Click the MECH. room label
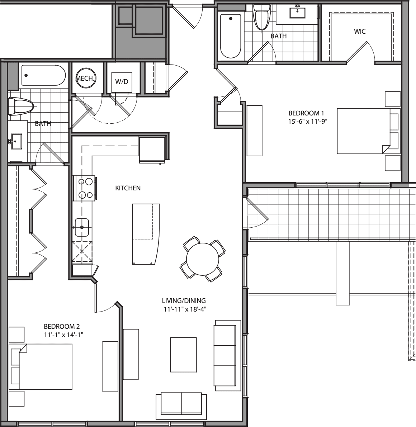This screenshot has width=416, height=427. (85, 79)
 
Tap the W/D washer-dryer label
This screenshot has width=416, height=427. (122, 81)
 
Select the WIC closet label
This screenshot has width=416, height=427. (360, 32)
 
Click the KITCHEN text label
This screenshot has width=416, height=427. (128, 188)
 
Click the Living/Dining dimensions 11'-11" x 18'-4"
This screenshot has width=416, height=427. (184, 308)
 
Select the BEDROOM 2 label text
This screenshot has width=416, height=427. (61, 326)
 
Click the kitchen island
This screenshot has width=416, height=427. (145, 233)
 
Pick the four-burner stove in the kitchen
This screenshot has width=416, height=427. (84, 188)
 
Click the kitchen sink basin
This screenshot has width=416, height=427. (82, 227)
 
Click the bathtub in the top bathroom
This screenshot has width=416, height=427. (230, 36)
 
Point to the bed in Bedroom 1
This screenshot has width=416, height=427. (363, 131)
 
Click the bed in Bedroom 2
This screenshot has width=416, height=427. (41, 366)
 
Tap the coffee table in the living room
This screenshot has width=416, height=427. (183, 355)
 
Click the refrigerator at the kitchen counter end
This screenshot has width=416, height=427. (152, 150)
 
